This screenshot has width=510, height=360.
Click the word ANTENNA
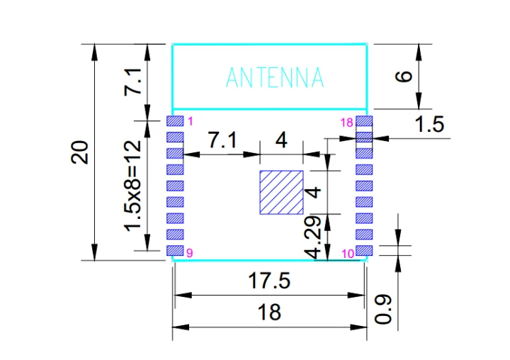(275, 77)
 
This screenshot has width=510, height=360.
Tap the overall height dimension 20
(79, 152)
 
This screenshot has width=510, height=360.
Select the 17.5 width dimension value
(269, 281)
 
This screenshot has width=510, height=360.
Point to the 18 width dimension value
(269, 312)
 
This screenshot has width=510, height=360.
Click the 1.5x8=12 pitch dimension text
(133, 186)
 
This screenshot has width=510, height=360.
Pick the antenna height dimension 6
(404, 77)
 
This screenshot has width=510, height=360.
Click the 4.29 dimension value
(313, 237)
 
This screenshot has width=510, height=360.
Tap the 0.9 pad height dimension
(383, 309)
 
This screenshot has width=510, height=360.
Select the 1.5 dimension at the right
(430, 124)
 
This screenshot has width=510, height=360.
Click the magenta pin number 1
(191, 121)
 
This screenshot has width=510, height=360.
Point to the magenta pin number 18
(346, 123)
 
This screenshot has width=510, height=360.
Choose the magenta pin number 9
(190, 253)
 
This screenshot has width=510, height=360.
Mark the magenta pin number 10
(348, 254)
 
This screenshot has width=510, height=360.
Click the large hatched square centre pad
(282, 192)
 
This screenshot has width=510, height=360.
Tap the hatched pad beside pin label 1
(175, 120)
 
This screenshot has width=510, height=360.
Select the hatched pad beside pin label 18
(364, 120)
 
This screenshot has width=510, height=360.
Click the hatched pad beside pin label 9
(175, 250)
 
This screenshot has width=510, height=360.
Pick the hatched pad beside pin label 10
(364, 250)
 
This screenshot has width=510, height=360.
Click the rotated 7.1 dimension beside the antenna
(133, 81)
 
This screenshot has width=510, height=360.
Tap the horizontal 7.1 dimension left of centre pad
(222, 140)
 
